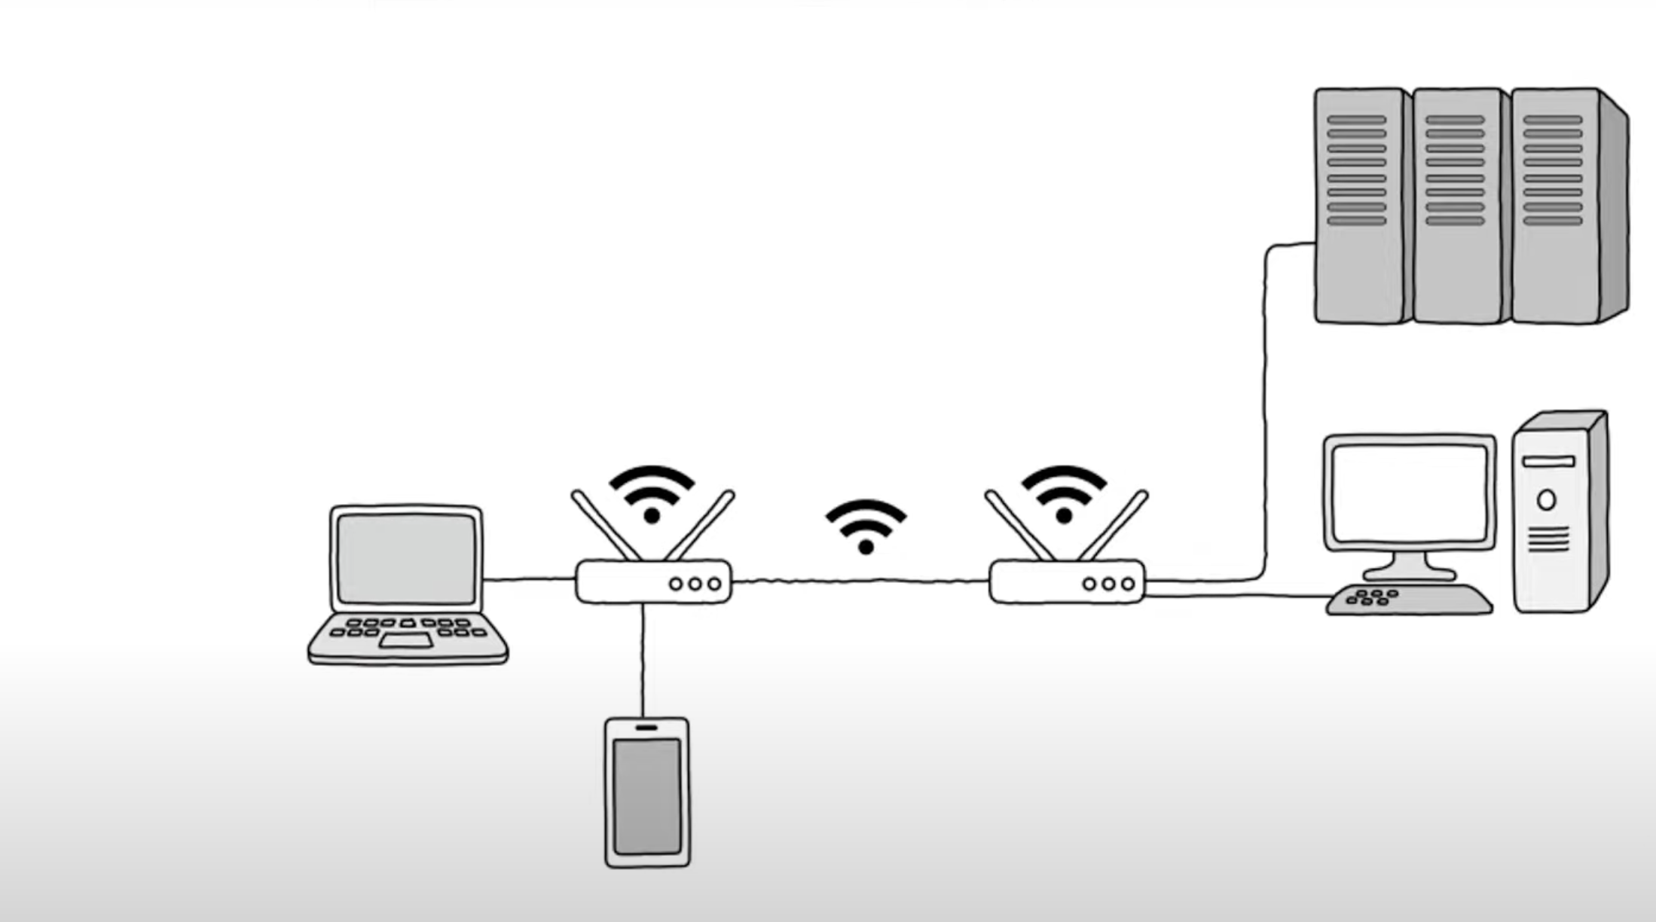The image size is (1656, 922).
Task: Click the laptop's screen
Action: [406, 559]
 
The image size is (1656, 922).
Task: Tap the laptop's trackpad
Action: [405, 641]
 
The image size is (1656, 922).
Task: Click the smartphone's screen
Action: [646, 795]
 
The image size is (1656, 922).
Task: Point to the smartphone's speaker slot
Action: [646, 728]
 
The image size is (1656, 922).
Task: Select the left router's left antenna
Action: [604, 525]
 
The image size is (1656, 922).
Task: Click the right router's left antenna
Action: [1018, 525]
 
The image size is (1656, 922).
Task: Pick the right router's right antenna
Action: [1114, 525]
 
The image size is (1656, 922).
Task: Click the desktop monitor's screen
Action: [1409, 493]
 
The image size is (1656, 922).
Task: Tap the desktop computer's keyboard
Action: [1409, 600]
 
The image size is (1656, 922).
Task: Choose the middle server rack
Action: [1456, 205]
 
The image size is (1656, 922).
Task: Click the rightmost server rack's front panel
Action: [1554, 205]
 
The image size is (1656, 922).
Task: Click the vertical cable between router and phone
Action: [643, 660]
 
